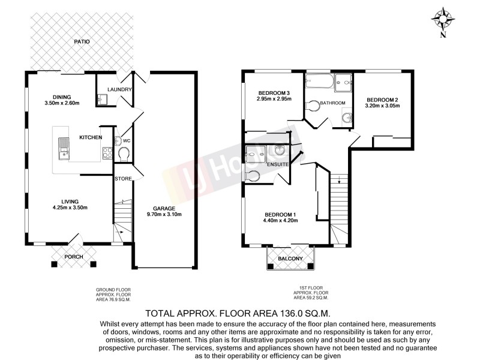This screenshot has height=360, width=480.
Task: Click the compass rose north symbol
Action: click(x=443, y=19)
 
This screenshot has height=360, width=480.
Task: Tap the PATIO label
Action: click(x=82, y=42)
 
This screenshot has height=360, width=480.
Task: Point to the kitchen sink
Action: click(x=62, y=147)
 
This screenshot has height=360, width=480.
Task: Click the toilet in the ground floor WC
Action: click(x=124, y=155)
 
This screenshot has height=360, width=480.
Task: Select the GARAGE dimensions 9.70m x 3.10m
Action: click(x=164, y=214)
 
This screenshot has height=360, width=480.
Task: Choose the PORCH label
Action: click(x=74, y=257)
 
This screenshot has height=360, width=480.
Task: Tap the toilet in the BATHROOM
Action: click(x=312, y=107)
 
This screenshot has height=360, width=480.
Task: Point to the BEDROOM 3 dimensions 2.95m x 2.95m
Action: click(x=274, y=99)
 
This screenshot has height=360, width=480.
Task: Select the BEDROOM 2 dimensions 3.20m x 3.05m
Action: click(x=382, y=106)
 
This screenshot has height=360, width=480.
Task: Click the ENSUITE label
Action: click(x=278, y=164)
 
